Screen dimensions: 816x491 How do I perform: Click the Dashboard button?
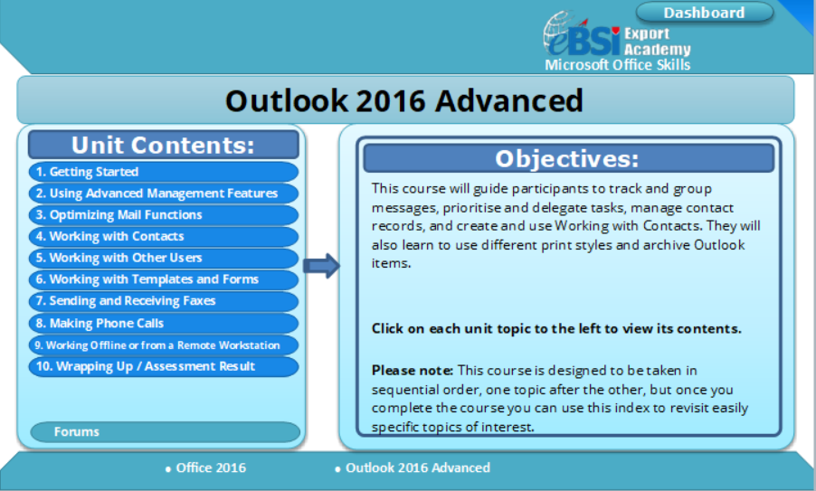tap(704, 13)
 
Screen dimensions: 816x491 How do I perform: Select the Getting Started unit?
tap(164, 172)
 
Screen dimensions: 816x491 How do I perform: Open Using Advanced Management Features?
tap(164, 194)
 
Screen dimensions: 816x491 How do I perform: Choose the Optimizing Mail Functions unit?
tap(164, 215)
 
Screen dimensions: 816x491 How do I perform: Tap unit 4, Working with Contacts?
tap(164, 237)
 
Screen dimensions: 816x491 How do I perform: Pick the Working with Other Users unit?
tap(164, 258)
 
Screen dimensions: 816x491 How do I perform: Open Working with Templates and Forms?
tap(164, 279)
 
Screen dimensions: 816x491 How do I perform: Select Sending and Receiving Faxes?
tap(164, 301)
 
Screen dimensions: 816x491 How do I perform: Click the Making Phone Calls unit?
tap(164, 323)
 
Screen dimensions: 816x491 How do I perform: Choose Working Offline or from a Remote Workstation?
tap(164, 345)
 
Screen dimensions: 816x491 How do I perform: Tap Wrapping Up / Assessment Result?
tap(164, 366)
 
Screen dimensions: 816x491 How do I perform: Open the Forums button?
tap(165, 431)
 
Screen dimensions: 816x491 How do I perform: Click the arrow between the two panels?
tap(322, 266)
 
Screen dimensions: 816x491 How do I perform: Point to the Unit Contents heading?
tap(164, 145)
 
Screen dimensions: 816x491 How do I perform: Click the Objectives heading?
tap(568, 158)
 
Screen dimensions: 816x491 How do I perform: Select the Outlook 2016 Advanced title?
tap(404, 100)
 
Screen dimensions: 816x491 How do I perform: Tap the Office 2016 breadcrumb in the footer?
tap(205, 468)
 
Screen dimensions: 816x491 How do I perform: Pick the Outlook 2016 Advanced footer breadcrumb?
tap(413, 468)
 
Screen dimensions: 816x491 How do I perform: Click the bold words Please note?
tap(413, 371)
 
